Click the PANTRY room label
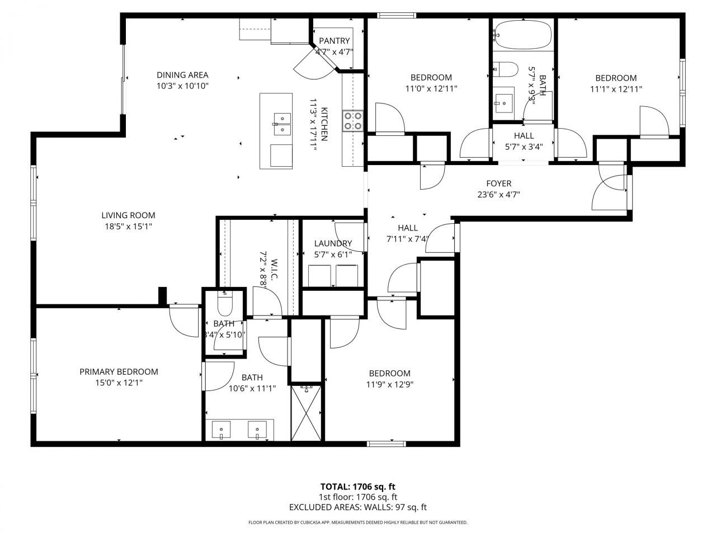click(x=334, y=41)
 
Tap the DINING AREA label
click(x=182, y=75)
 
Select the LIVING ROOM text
click(x=128, y=215)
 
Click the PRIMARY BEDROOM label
click(x=119, y=371)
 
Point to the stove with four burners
click(x=352, y=120)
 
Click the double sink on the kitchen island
click(x=282, y=124)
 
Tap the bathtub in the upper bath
click(x=523, y=35)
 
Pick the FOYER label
click(x=498, y=183)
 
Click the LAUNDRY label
click(x=333, y=243)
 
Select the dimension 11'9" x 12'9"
click(x=389, y=384)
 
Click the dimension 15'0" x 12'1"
click(x=119, y=383)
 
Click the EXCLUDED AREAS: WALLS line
click(x=357, y=507)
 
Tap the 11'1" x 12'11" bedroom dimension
click(x=615, y=89)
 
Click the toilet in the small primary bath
click(x=224, y=304)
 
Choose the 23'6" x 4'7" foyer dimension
click(x=498, y=195)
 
